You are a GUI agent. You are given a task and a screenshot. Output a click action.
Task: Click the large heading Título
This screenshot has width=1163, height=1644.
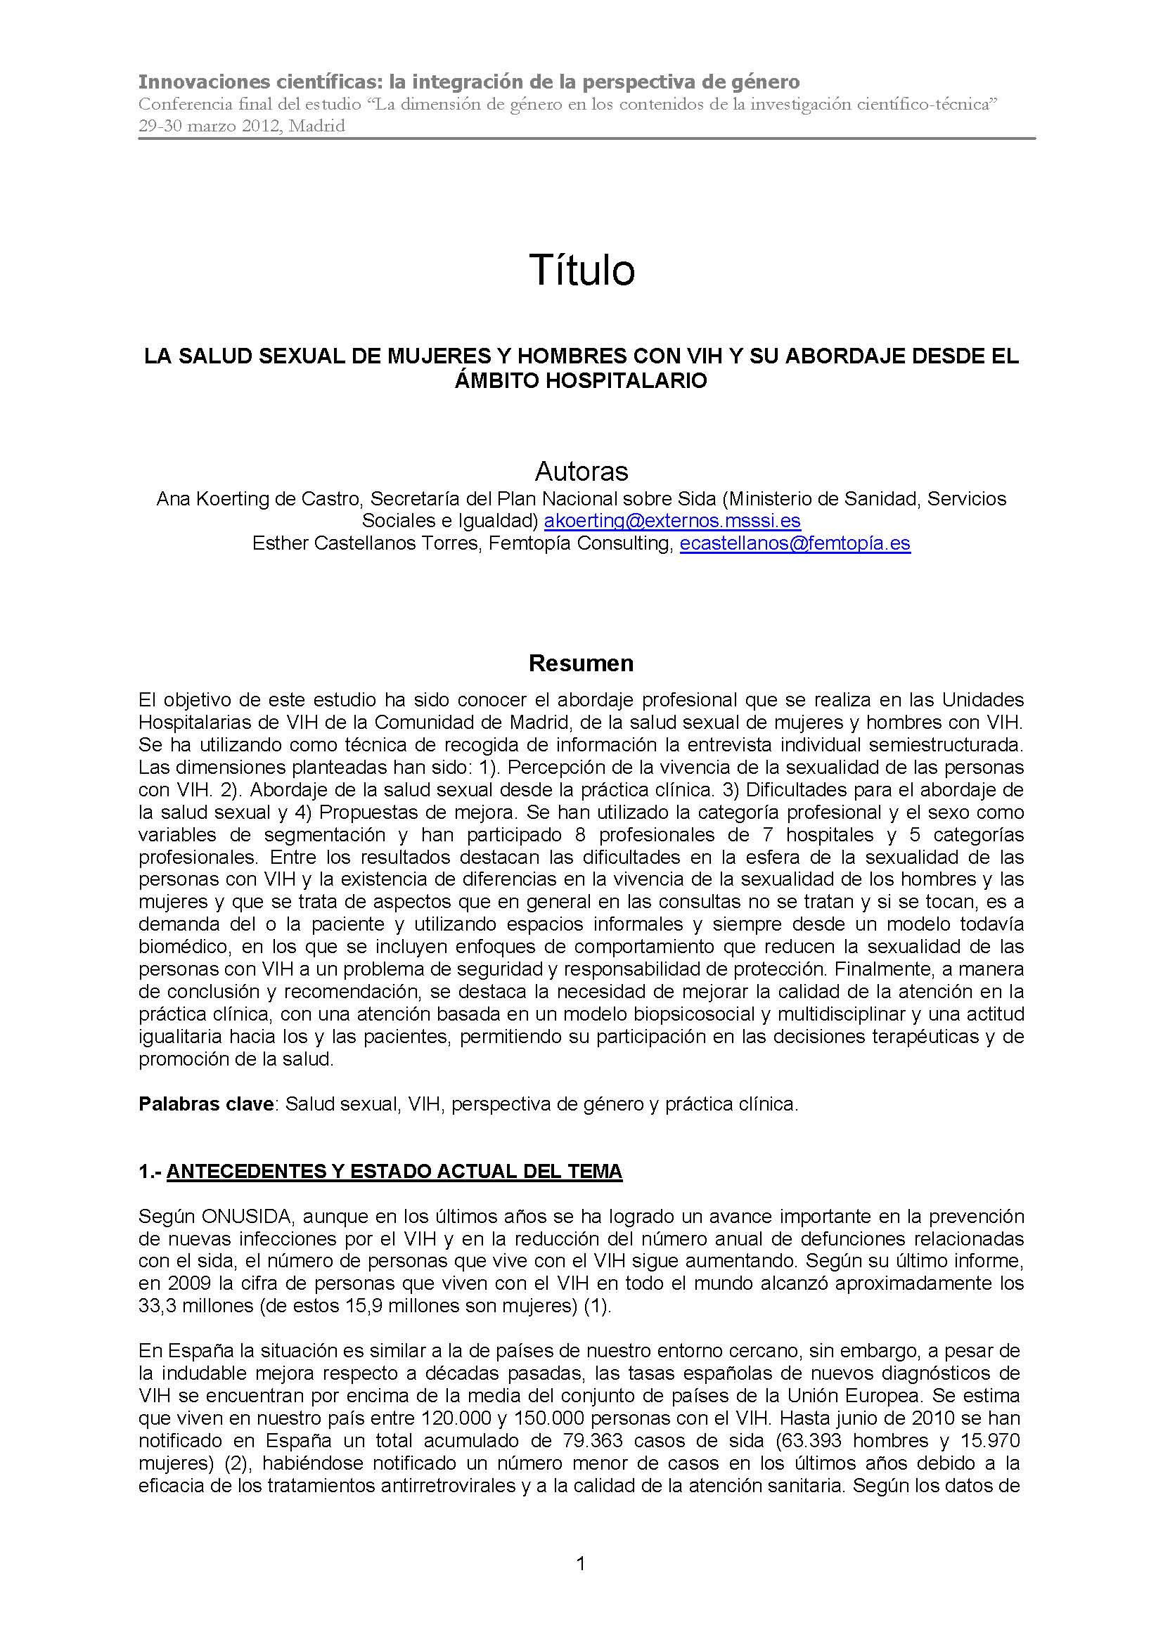point(581,271)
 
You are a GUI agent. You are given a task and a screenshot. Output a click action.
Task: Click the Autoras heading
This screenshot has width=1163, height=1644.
point(581,471)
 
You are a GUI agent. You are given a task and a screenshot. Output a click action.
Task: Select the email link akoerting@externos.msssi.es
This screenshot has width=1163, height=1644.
point(672,521)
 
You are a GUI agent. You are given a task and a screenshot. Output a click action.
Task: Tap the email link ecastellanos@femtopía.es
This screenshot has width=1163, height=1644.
point(795,543)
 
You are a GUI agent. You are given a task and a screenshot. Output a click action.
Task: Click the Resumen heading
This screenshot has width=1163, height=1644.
point(581,664)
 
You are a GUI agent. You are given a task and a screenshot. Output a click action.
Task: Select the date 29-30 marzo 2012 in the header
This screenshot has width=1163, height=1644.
point(204,127)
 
